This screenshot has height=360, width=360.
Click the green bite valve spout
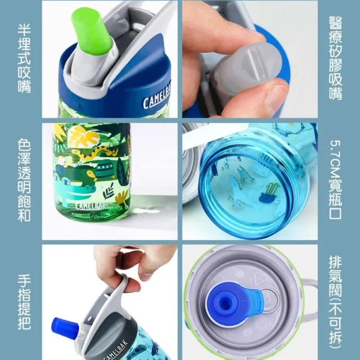click(x=92, y=32)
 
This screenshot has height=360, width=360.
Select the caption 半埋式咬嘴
click(x=24, y=58)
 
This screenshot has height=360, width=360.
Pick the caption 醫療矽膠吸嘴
click(x=335, y=58)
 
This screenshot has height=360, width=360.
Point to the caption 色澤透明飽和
click(x=24, y=180)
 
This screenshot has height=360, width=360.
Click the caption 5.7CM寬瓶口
click(x=335, y=179)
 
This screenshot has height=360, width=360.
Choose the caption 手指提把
click(x=24, y=302)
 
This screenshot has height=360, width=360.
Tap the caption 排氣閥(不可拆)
click(x=335, y=302)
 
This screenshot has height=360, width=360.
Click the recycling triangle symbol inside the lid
click(x=259, y=278)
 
